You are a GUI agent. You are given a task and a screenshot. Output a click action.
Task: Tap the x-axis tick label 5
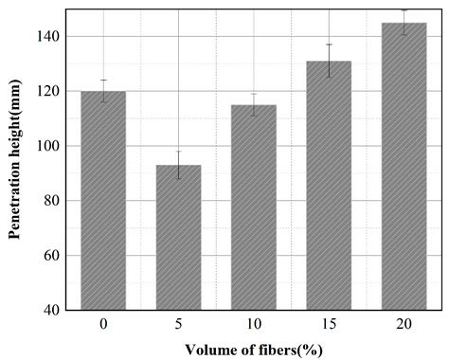[x=178, y=324]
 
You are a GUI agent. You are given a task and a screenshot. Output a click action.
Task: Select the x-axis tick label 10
[x=253, y=324]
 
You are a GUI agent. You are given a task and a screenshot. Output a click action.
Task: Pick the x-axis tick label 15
[x=329, y=324]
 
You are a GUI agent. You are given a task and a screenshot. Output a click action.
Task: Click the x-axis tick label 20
[x=404, y=324]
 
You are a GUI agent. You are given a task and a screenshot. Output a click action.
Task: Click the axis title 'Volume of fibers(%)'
[x=253, y=348]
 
